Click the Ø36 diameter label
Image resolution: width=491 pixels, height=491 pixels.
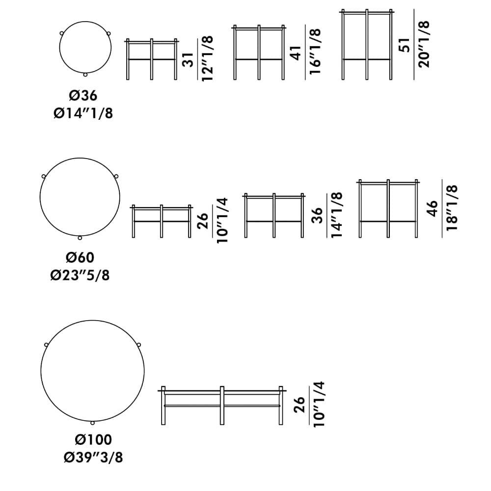pos(83,96)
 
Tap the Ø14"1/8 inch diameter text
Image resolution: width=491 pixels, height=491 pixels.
pos(83,113)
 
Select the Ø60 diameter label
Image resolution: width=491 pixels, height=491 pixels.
pos(80,257)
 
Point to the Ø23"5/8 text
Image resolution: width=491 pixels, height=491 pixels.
pos(80,275)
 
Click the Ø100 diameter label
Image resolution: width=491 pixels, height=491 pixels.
pos(93,439)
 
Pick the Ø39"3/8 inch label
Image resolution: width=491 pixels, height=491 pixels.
pos(93,458)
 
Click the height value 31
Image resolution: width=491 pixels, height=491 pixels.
pos(188,59)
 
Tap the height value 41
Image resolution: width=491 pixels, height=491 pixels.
pos(296,53)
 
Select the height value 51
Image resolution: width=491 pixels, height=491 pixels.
pos(404,45)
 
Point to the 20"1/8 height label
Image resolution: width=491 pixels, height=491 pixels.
pos(424,45)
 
